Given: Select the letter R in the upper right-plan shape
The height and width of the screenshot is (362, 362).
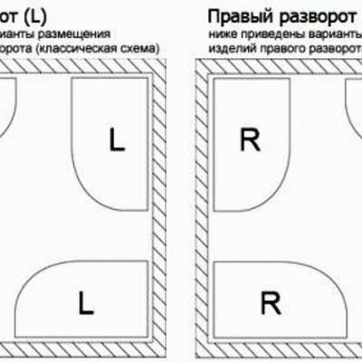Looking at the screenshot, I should (x=250, y=139).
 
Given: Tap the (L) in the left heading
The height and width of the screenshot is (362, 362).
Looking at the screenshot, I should (x=33, y=15).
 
